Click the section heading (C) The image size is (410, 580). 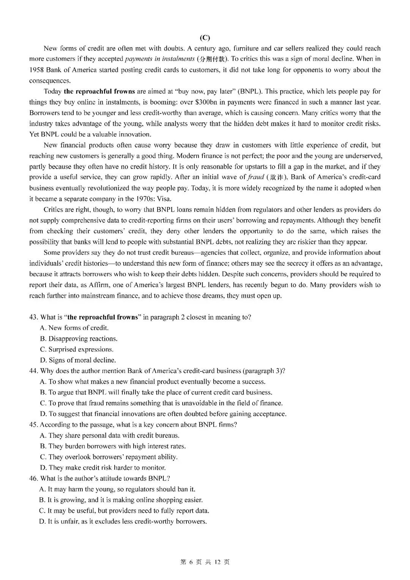[x=205, y=38]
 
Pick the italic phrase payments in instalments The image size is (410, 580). [x=159, y=59]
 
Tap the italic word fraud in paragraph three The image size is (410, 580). [x=255, y=177]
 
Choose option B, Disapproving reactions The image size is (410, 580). [x=79, y=338]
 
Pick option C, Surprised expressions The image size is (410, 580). [x=77, y=349]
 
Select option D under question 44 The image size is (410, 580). [x=163, y=414]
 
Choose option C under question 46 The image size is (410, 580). [x=124, y=510]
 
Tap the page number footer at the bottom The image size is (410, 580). [x=205, y=562]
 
